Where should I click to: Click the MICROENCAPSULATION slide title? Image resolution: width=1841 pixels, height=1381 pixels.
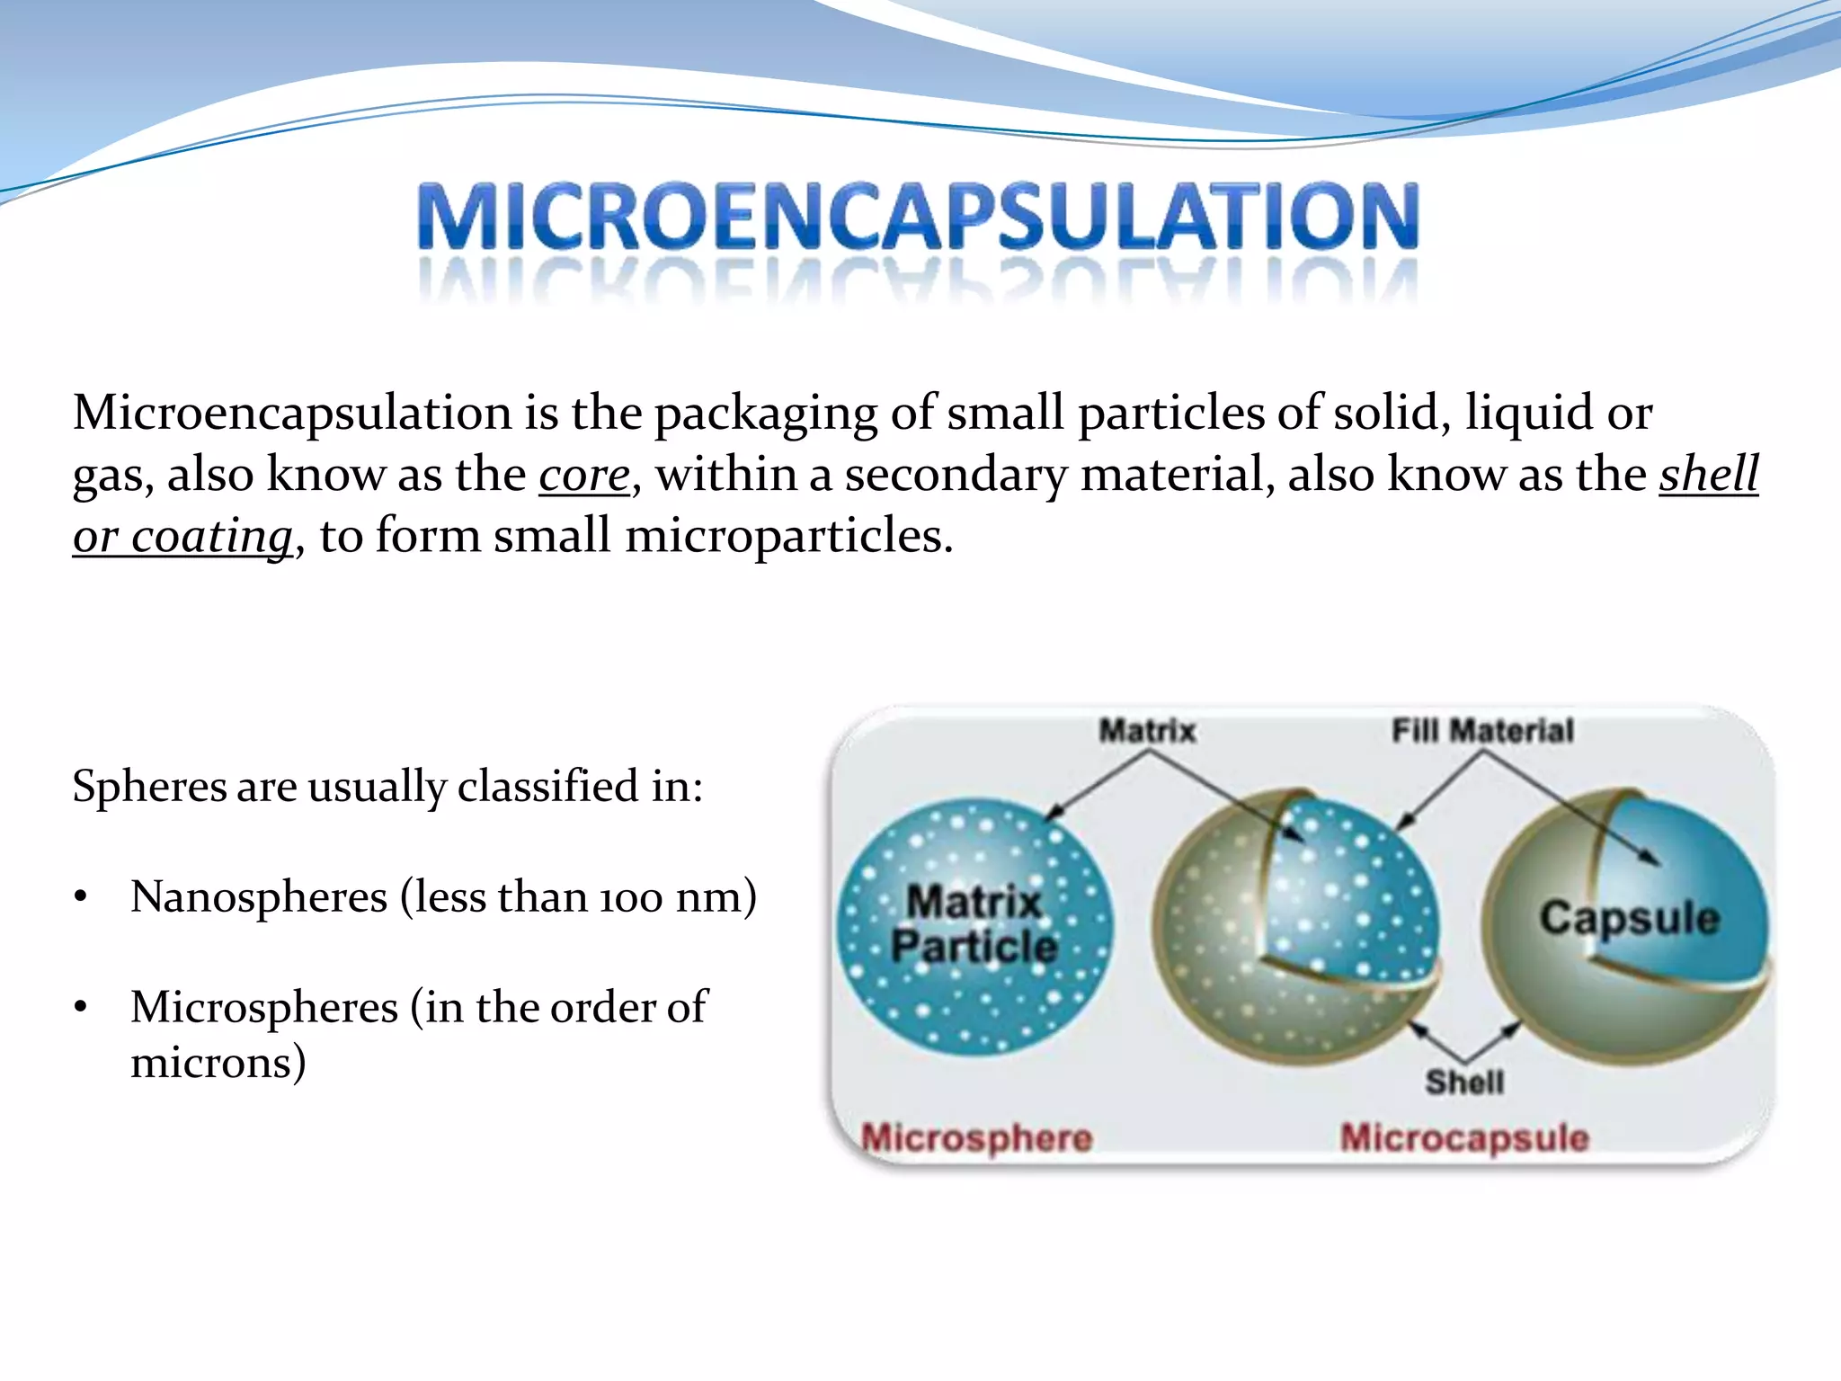pyautogui.click(x=918, y=217)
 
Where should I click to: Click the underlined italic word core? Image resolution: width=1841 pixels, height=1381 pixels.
pyautogui.click(x=584, y=475)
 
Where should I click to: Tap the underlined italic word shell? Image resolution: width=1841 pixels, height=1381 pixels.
pyautogui.click(x=1708, y=475)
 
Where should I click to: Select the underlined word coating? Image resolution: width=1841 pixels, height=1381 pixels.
pyautogui.click(x=212, y=537)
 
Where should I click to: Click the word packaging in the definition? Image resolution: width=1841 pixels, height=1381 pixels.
pyautogui.click(x=765, y=414)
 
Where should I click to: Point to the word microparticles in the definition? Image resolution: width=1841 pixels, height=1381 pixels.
pyautogui.click(x=787, y=537)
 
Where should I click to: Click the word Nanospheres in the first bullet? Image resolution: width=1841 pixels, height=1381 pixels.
pyautogui.click(x=259, y=897)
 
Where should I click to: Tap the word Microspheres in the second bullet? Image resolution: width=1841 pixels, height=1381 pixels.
pyautogui.click(x=263, y=1007)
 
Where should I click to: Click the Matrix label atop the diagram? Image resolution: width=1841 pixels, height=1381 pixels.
pyautogui.click(x=1147, y=730)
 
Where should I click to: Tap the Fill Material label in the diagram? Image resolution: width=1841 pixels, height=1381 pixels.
pyautogui.click(x=1482, y=730)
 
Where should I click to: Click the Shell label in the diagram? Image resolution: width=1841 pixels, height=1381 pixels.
pyautogui.click(x=1463, y=1082)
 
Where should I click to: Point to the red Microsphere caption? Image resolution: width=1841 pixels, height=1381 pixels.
pyautogui.click(x=977, y=1138)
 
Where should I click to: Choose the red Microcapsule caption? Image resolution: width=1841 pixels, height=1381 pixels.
pyautogui.click(x=1464, y=1138)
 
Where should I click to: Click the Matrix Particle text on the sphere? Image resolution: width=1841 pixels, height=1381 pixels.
pyautogui.click(x=974, y=923)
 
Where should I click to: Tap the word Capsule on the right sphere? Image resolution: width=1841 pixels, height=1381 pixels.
pyautogui.click(x=1629, y=918)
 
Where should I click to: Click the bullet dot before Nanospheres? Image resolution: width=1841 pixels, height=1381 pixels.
pyautogui.click(x=81, y=897)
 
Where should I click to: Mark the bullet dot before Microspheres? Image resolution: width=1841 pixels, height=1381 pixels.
pyautogui.click(x=81, y=1008)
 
